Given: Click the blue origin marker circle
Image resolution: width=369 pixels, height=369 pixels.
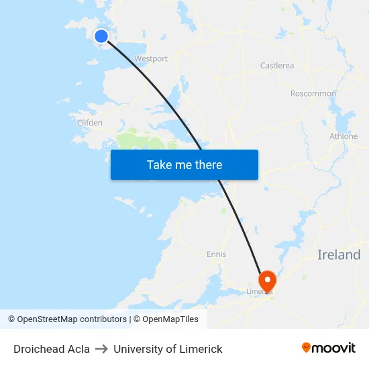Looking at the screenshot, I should (x=101, y=36).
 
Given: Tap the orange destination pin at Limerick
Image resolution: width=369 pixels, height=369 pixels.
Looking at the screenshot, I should (x=268, y=280).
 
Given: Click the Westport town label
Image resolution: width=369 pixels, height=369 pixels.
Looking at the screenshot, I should (x=151, y=59).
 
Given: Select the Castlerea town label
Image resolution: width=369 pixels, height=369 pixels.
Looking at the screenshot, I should (x=277, y=66).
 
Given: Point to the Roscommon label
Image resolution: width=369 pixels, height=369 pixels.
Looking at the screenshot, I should (x=313, y=94).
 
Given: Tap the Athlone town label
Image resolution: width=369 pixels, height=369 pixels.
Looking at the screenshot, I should (x=344, y=136).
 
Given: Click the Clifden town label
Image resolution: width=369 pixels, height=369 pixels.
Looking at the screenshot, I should (x=90, y=123).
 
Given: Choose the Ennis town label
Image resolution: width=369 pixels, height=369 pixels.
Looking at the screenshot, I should (x=217, y=254).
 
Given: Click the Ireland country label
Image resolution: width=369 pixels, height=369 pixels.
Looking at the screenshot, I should (x=339, y=255).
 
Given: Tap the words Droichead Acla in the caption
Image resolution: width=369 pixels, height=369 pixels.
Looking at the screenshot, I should (x=52, y=349).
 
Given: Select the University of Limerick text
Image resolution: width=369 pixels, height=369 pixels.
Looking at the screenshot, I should (x=168, y=349).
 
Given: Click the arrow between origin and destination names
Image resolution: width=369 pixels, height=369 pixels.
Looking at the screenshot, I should (x=101, y=349).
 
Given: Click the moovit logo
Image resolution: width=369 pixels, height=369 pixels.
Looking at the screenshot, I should (x=329, y=348).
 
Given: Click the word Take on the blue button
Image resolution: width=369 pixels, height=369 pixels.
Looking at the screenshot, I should (x=159, y=165).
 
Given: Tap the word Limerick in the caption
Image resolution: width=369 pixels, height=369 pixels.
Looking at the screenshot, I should (x=201, y=349).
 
